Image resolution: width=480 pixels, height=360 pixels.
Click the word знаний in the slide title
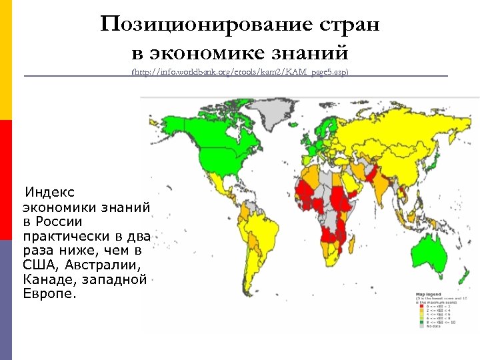(x=315, y=51)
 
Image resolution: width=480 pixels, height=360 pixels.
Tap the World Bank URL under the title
(x=240, y=71)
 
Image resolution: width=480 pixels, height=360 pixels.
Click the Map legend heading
(x=429, y=294)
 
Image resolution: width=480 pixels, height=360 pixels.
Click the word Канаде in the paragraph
(x=46, y=279)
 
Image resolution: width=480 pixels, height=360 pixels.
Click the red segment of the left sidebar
(x=5, y=180)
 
